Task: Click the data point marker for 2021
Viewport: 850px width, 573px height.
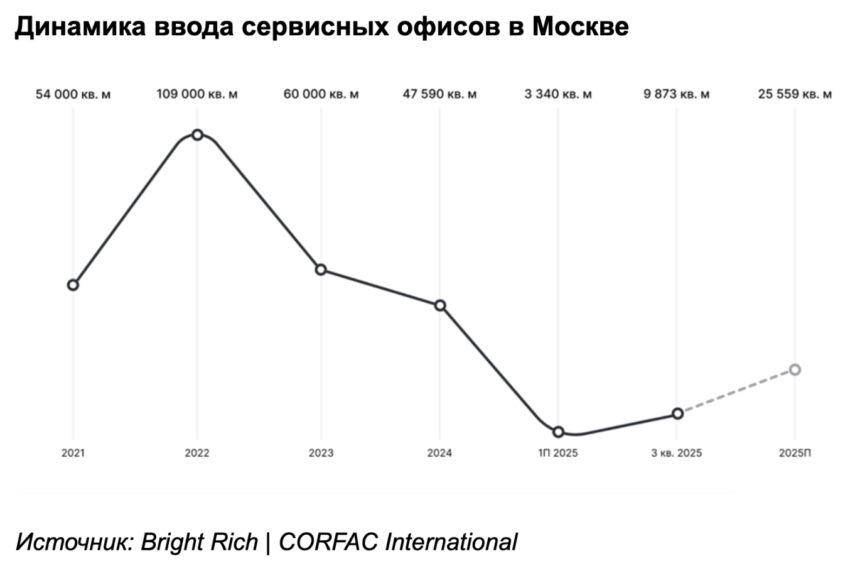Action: pyautogui.click(x=73, y=285)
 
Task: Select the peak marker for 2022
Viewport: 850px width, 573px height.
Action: pyautogui.click(x=197, y=134)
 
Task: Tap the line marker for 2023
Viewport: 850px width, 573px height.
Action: pyautogui.click(x=321, y=270)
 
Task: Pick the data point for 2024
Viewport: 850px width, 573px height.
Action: pyautogui.click(x=440, y=305)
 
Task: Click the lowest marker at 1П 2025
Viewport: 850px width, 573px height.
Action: pyautogui.click(x=558, y=432)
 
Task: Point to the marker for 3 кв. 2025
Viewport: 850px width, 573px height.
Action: pyautogui.click(x=677, y=413)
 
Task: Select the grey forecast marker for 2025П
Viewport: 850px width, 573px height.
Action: pyautogui.click(x=795, y=369)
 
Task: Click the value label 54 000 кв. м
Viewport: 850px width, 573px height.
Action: pyautogui.click(x=73, y=94)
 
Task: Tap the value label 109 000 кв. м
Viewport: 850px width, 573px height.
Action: pyautogui.click(x=197, y=94)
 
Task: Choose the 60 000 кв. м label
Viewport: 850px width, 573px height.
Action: pyautogui.click(x=321, y=94)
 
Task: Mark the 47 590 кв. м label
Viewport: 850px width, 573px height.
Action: pyautogui.click(x=439, y=94)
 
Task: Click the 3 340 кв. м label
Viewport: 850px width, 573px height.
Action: pyautogui.click(x=558, y=94)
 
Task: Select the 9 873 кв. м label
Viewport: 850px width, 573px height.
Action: pyautogui.click(x=677, y=94)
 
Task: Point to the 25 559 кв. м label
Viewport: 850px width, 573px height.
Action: pyautogui.click(x=795, y=94)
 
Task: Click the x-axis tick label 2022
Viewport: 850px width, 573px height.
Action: pyautogui.click(x=197, y=453)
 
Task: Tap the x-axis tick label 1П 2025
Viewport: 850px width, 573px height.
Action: pyautogui.click(x=558, y=453)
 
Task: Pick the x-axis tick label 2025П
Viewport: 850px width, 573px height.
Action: pyautogui.click(x=795, y=453)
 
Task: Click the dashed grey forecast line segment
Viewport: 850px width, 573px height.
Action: pyautogui.click(x=736, y=391)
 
